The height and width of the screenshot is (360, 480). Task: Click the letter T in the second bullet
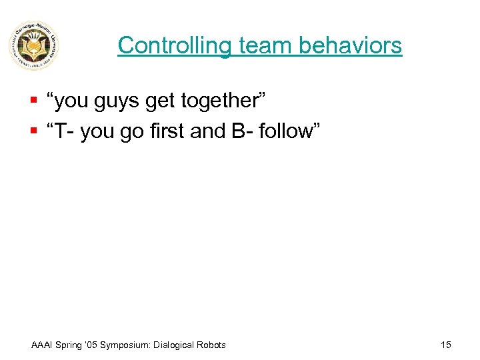pyautogui.click(x=61, y=131)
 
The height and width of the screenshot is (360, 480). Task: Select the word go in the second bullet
pyautogui.click(x=137, y=132)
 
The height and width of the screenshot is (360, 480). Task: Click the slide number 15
pyautogui.click(x=446, y=345)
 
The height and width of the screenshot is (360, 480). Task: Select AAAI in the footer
pyautogui.click(x=44, y=345)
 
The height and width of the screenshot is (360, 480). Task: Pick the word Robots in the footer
pyautogui.click(x=210, y=345)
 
